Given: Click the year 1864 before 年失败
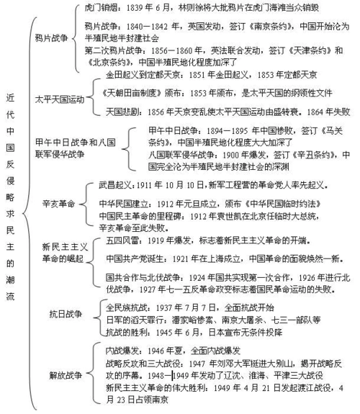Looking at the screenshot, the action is click(x=313, y=112).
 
